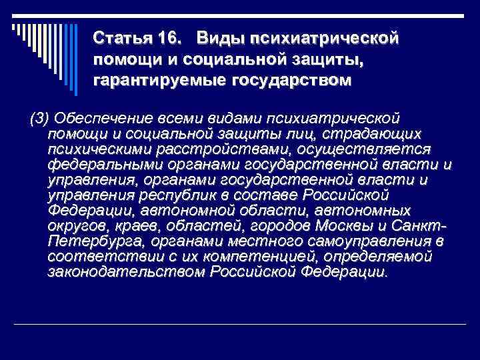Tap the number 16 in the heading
click(x=169, y=35)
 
